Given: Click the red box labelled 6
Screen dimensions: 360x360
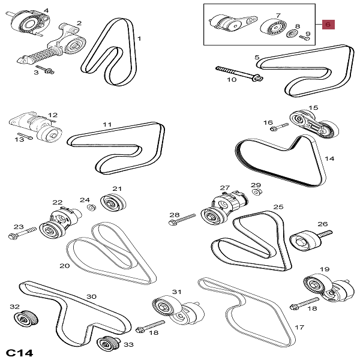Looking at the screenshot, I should (x=329, y=25).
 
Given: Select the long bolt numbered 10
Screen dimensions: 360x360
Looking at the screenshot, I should (x=237, y=73).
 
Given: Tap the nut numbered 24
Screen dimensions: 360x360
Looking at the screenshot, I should (x=92, y=208).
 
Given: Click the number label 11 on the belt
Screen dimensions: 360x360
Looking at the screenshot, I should (x=107, y=125).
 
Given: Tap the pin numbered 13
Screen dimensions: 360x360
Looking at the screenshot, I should (x=23, y=135).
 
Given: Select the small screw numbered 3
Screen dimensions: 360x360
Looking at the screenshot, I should (x=45, y=68).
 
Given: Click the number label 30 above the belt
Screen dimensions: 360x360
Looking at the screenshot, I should (x=91, y=296).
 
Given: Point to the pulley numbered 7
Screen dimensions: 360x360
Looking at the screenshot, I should (x=274, y=27).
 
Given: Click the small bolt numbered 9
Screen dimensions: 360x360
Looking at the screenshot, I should (x=304, y=37).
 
